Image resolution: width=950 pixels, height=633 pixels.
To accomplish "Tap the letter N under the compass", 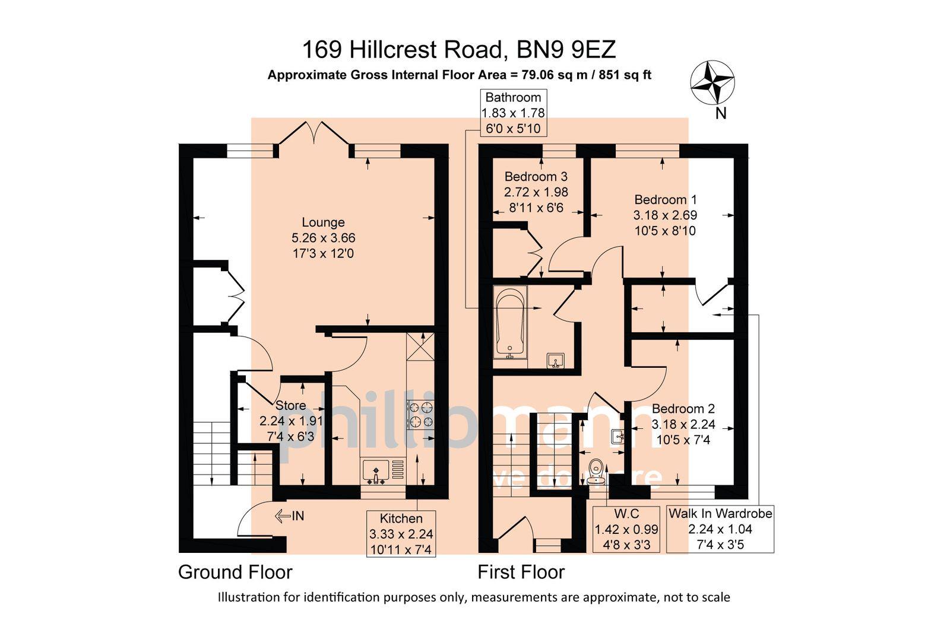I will pos(720,113).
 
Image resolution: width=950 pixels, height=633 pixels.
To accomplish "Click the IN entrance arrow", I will pos(290,516).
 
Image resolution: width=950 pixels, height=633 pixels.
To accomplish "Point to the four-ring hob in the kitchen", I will pos(420,415).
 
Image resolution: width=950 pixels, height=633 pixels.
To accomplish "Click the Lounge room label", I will pos(323,222).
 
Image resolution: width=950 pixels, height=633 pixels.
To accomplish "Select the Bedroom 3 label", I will pos(536,177).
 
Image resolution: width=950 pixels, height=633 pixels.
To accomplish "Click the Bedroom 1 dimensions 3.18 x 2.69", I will pos(665,215).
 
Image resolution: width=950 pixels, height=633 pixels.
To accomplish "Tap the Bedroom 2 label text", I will pos(683,409).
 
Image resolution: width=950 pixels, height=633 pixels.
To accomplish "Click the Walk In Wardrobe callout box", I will pos(720,529).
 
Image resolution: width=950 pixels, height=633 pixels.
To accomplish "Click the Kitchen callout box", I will pos(401,533).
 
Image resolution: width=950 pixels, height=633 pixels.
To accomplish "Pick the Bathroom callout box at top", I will pos(513,113).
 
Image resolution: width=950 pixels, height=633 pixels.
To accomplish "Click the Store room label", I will pos(291,406).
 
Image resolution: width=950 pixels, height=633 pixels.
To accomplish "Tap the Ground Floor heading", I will pos(235,572).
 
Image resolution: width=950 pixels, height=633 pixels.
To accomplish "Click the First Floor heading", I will pos(521,572).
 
